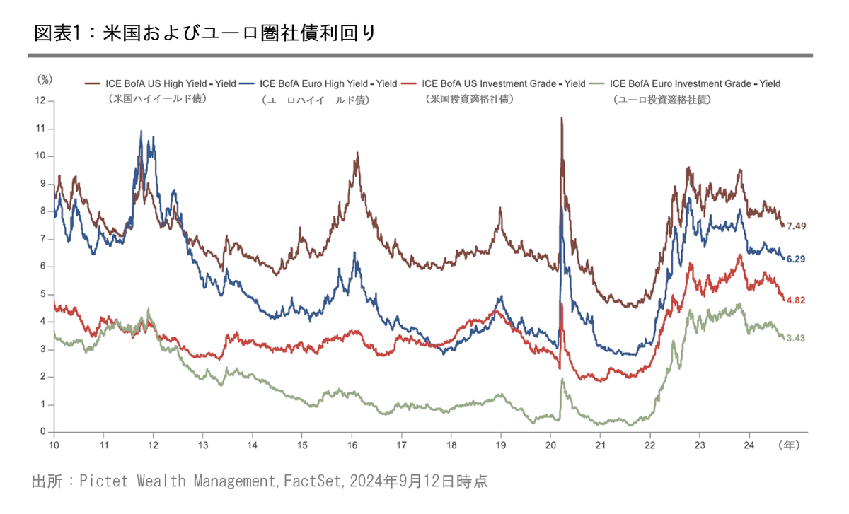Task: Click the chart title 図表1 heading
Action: [x=205, y=33]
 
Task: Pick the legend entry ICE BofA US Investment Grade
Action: [x=503, y=83]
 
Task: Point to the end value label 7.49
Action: [x=796, y=226]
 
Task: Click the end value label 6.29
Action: [x=796, y=259]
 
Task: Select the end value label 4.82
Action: [x=796, y=300]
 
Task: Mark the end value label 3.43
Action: [x=796, y=338]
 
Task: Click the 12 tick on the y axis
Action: [x=40, y=101]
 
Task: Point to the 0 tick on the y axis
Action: [x=43, y=432]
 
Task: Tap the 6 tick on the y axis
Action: [x=43, y=267]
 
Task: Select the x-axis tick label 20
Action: [x=550, y=445]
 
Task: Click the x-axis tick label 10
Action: [x=54, y=445]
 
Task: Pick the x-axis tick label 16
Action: [x=352, y=445]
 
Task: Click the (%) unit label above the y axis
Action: [x=45, y=79]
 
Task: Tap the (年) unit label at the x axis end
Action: [x=789, y=445]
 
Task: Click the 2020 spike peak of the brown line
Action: [x=561, y=118]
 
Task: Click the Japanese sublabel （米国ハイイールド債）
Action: [x=157, y=99]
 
